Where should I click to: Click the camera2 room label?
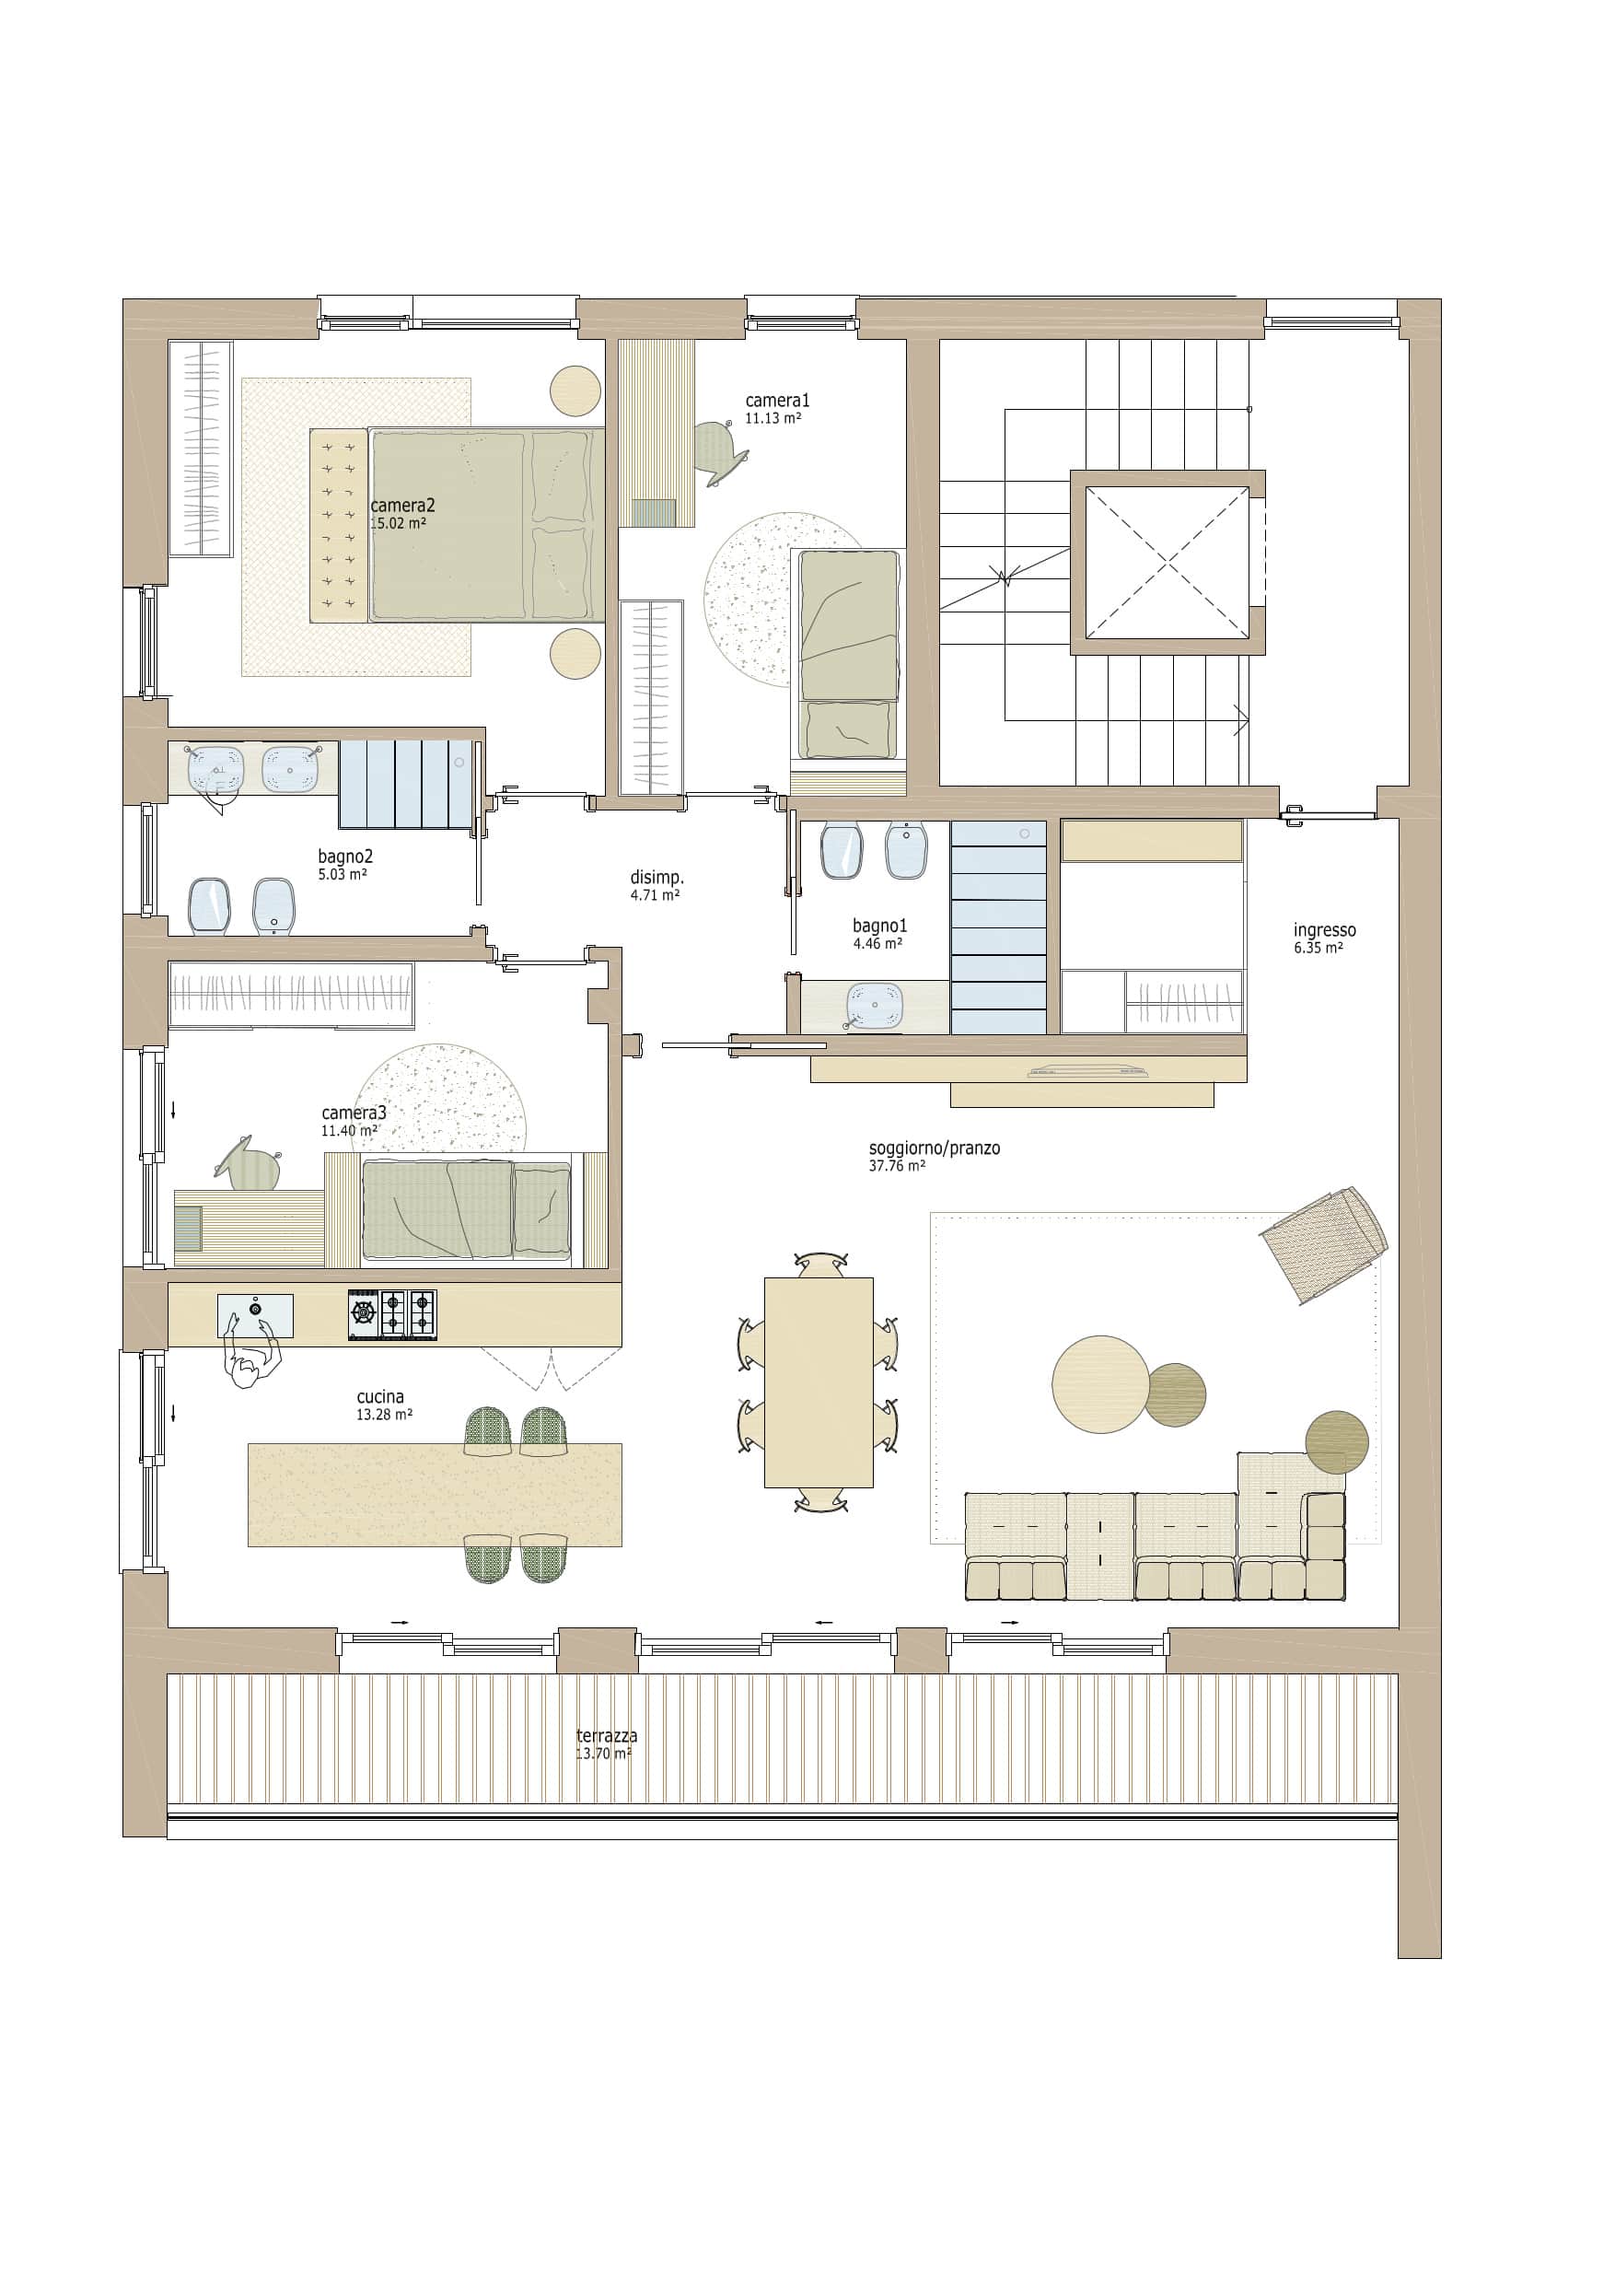[x=402, y=506]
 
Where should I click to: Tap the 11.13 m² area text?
[x=773, y=419]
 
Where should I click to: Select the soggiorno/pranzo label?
[x=935, y=1148]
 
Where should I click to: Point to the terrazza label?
[x=607, y=1736]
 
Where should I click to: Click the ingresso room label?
[x=1324, y=929]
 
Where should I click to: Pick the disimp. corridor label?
[x=656, y=878]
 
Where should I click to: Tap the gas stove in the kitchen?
[x=392, y=1314]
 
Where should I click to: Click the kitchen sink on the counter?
[x=256, y=1316]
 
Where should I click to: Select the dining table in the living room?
[x=818, y=1382]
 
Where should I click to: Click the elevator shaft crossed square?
[x=1168, y=563]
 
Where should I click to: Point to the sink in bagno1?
[x=875, y=1005]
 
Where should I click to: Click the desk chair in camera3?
[x=249, y=1162]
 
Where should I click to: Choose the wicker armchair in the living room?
[x=1323, y=1244]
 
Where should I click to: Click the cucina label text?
[x=380, y=1397]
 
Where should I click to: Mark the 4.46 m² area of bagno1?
[x=877, y=943]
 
